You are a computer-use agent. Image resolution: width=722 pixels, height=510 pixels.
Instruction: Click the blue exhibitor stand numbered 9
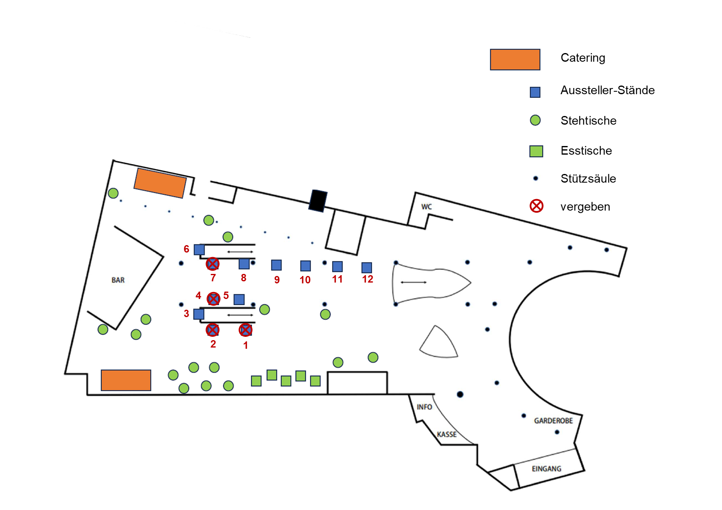tap(276, 265)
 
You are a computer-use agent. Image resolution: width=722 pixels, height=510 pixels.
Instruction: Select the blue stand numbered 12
tap(367, 268)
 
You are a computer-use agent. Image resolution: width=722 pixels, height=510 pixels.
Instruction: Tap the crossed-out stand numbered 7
tap(212, 264)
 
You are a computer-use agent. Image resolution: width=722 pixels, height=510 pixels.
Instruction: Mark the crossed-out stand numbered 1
tap(246, 330)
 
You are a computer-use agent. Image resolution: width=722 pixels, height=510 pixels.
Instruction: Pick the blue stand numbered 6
tap(199, 250)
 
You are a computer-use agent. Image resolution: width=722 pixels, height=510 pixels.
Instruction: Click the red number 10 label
tap(305, 280)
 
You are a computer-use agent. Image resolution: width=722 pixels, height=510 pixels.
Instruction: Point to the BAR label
tap(118, 280)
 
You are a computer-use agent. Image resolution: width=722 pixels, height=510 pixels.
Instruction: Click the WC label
tap(426, 206)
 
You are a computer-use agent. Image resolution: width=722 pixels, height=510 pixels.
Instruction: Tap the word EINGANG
tap(547, 469)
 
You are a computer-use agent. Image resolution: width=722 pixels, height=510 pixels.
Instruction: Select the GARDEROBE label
tap(554, 421)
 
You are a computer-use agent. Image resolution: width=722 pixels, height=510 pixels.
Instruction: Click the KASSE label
tap(447, 434)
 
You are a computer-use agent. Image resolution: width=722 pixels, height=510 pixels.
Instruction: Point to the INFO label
tap(424, 407)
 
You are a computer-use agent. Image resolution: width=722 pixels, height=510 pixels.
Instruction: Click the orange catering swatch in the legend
tap(515, 60)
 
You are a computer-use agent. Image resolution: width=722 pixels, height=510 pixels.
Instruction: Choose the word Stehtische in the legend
tap(589, 121)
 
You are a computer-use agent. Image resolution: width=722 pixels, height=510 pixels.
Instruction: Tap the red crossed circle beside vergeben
tap(536, 206)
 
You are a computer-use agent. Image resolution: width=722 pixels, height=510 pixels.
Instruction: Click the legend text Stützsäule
tap(588, 178)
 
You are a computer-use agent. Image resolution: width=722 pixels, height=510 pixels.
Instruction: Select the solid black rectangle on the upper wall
tap(318, 201)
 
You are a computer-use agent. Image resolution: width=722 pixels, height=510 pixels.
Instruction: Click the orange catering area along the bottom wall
tap(126, 380)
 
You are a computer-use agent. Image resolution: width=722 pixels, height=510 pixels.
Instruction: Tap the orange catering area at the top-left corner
tap(160, 183)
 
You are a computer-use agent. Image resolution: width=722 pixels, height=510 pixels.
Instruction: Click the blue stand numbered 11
tap(338, 267)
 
